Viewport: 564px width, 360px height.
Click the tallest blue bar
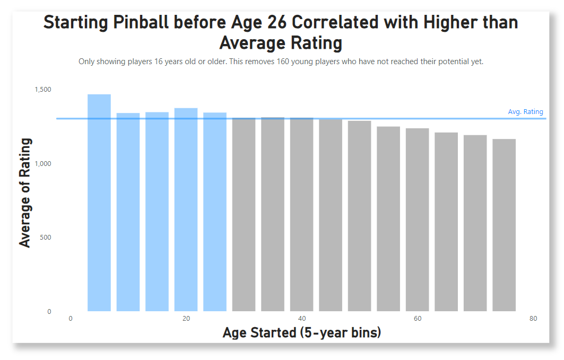coord(99,203)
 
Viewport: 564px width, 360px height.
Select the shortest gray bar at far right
coord(504,225)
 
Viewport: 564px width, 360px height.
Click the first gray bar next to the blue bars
coord(244,214)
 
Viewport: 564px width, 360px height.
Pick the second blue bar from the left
coord(128,212)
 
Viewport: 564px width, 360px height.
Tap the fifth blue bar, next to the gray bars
coord(215,212)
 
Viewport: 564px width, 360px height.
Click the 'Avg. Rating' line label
coord(525,112)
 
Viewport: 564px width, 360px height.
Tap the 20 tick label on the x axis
coord(186,319)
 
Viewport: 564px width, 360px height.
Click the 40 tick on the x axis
coord(302,319)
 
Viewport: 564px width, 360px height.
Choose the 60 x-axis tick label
coord(418,319)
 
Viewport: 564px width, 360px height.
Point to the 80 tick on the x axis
coord(533,319)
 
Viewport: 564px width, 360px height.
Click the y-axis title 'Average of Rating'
coord(25,192)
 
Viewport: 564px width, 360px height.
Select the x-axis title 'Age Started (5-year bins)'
coord(301,333)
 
